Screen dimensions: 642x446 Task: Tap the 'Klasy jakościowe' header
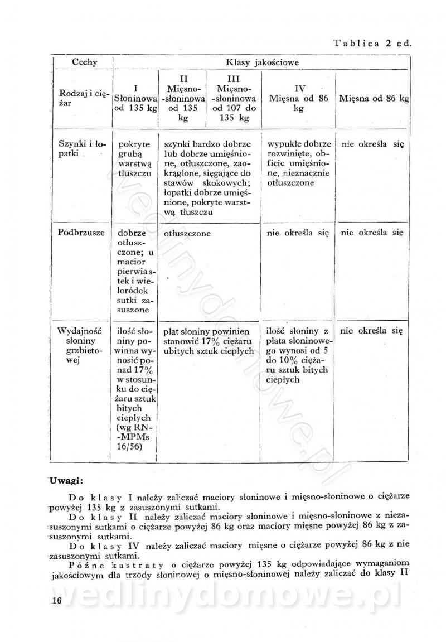(x=261, y=62)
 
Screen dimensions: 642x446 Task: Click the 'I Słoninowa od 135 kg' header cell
(x=136, y=98)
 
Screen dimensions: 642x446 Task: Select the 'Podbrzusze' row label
(x=81, y=233)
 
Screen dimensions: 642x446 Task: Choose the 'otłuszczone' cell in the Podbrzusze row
(x=187, y=234)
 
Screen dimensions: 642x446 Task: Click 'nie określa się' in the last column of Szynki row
(x=372, y=143)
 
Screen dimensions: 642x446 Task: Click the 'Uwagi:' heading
(x=66, y=480)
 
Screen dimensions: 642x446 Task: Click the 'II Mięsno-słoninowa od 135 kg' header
(x=183, y=98)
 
